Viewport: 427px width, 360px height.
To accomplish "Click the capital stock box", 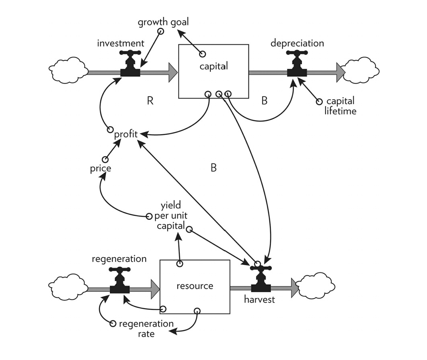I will click(213, 71).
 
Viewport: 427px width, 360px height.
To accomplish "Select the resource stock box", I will click(195, 286).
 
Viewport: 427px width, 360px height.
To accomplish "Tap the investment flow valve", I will click(130, 66).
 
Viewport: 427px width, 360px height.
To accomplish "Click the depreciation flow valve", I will click(297, 66).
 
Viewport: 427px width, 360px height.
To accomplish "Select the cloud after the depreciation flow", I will click(359, 71).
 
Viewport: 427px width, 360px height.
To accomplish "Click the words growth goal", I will click(163, 22).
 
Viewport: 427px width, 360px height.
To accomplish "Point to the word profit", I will click(126, 134).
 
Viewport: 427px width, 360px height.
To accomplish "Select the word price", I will click(101, 168).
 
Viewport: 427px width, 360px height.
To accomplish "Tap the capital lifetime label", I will click(340, 106).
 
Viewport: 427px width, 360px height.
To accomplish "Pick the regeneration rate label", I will click(146, 328).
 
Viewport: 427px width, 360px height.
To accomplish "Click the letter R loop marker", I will click(150, 100).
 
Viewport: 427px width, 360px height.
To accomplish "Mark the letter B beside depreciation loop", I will click(264, 100).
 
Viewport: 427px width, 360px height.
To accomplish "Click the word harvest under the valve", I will click(260, 299).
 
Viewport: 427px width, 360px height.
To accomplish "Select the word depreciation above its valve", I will click(297, 43).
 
